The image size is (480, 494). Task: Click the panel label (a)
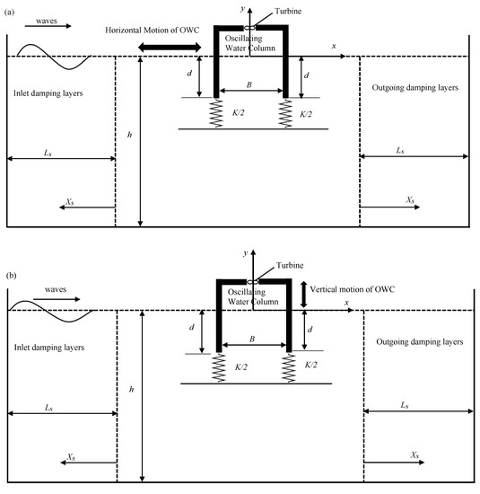[x=10, y=7]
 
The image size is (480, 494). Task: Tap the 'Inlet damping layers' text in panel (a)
[x=50, y=93]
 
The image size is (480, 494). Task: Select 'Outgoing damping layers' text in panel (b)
[x=415, y=342]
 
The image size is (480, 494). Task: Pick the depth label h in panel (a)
[x=131, y=135]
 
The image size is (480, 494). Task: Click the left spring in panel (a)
[x=216, y=113]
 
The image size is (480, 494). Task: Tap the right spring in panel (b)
[x=289, y=368]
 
